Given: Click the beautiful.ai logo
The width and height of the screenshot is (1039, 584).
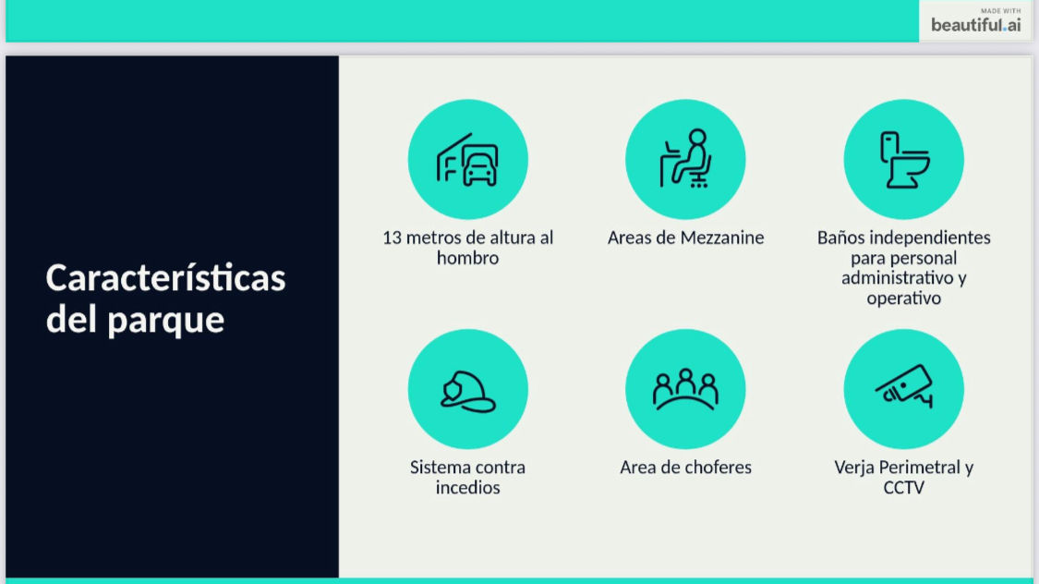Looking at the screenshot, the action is [x=975, y=21].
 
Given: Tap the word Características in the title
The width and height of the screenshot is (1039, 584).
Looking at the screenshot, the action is [x=165, y=277].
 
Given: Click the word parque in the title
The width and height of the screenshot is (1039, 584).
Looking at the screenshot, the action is [x=165, y=321].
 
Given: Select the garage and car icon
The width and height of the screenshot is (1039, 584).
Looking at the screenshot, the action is [x=467, y=160].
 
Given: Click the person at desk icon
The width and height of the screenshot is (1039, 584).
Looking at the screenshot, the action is [x=686, y=158].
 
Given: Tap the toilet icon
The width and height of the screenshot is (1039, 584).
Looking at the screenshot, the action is [x=904, y=160].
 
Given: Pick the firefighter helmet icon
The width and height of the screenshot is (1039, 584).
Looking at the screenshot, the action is [x=468, y=391].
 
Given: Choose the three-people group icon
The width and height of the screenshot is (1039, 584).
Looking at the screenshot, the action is [x=686, y=389].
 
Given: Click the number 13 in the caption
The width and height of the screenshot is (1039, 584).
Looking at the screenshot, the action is [x=392, y=237].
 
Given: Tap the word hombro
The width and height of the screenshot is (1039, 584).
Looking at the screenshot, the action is [x=468, y=258].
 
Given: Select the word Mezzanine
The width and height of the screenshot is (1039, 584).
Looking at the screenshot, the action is [x=721, y=237].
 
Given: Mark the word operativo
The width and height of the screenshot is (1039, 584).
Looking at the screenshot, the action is [x=904, y=298].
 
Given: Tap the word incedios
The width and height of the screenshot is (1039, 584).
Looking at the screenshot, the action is [x=468, y=488].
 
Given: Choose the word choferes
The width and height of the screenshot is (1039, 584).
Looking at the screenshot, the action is [x=719, y=468].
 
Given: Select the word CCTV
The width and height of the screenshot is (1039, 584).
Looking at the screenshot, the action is [x=904, y=488].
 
